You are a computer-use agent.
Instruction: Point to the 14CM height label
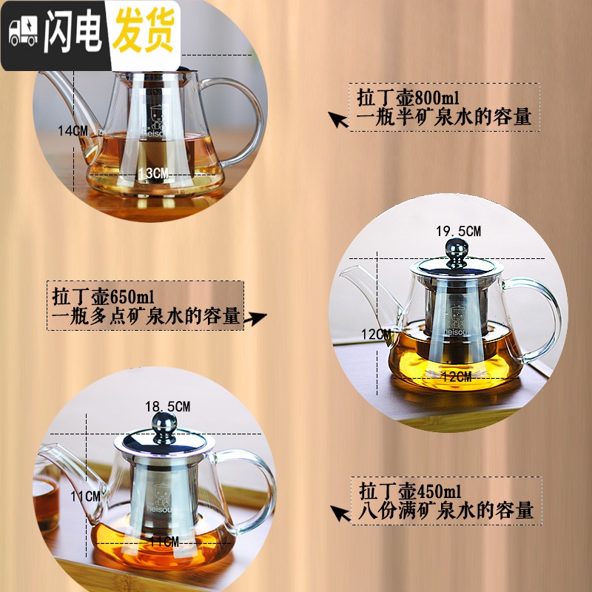coord(73,130)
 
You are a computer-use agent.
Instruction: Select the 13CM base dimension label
coord(153,172)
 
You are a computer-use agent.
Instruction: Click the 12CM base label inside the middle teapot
coord(455,377)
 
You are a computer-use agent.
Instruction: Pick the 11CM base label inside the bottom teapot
coord(164,542)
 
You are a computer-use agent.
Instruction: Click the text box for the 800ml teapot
coord(444,107)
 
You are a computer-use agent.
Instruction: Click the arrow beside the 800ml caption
coord(339,119)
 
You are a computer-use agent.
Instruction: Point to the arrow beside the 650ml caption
coord(255,318)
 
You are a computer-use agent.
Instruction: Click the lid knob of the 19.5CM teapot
coord(456,247)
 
